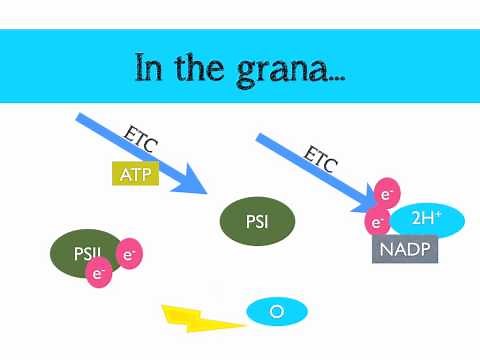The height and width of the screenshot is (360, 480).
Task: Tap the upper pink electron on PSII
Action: [129, 255]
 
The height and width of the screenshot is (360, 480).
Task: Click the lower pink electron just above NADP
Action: [376, 221]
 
